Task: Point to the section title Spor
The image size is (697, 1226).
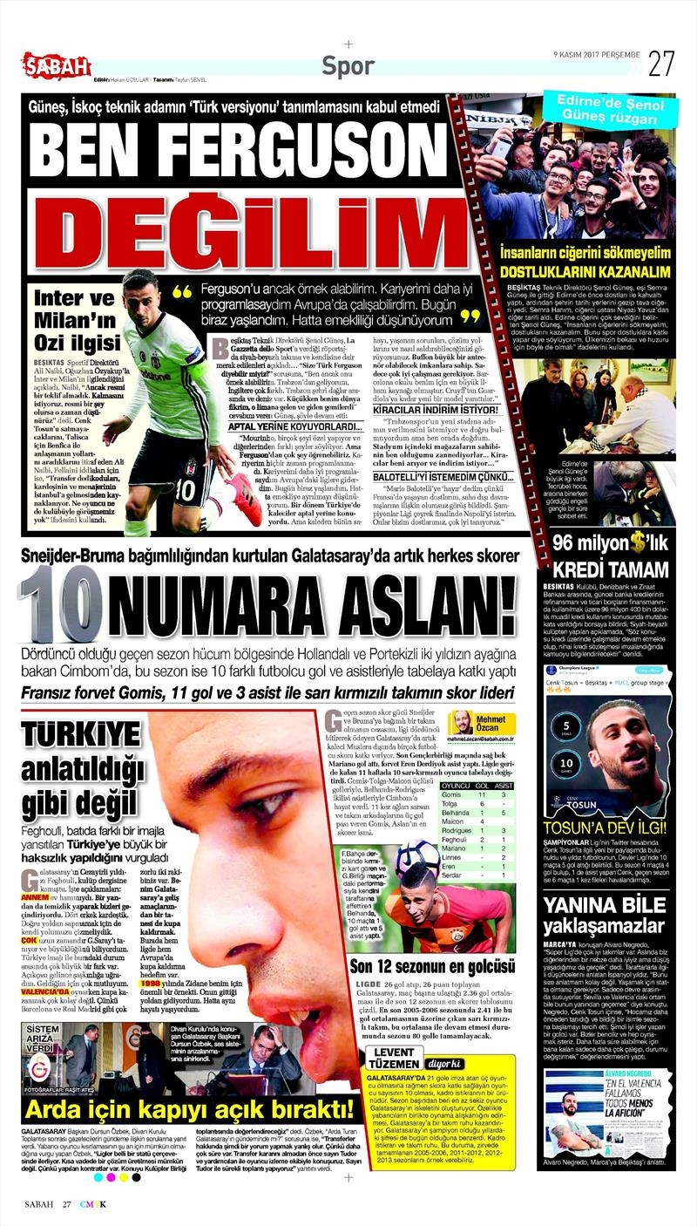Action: (348, 65)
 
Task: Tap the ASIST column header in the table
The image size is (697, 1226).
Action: (503, 785)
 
